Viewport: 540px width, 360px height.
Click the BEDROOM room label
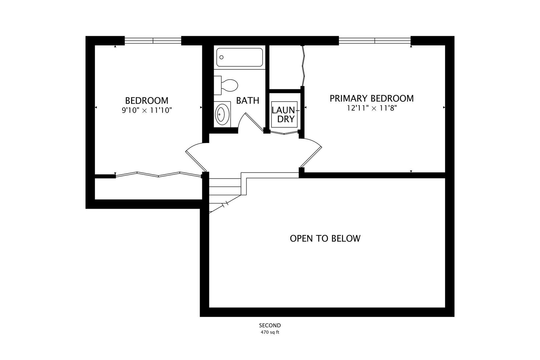tap(147, 100)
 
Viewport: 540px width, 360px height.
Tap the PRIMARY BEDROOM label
tap(371, 98)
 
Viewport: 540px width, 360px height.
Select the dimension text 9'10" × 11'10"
tap(147, 110)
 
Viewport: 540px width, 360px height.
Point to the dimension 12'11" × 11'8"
tap(372, 108)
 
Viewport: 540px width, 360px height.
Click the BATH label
tap(248, 101)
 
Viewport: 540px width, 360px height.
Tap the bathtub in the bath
tap(239, 57)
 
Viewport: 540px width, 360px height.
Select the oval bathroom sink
tap(222, 114)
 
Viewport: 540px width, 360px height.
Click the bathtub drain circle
tap(221, 57)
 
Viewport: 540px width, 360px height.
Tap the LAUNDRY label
tap(285, 115)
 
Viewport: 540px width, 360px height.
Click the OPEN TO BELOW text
tap(325, 238)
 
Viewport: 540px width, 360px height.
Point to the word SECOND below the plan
tap(270, 325)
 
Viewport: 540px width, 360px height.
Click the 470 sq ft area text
tap(270, 332)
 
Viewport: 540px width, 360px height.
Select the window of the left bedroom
tap(153, 41)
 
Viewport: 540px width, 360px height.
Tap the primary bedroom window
tap(375, 41)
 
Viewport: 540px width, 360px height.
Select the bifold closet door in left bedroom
tap(158, 175)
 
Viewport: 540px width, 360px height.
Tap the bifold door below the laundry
tap(284, 133)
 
